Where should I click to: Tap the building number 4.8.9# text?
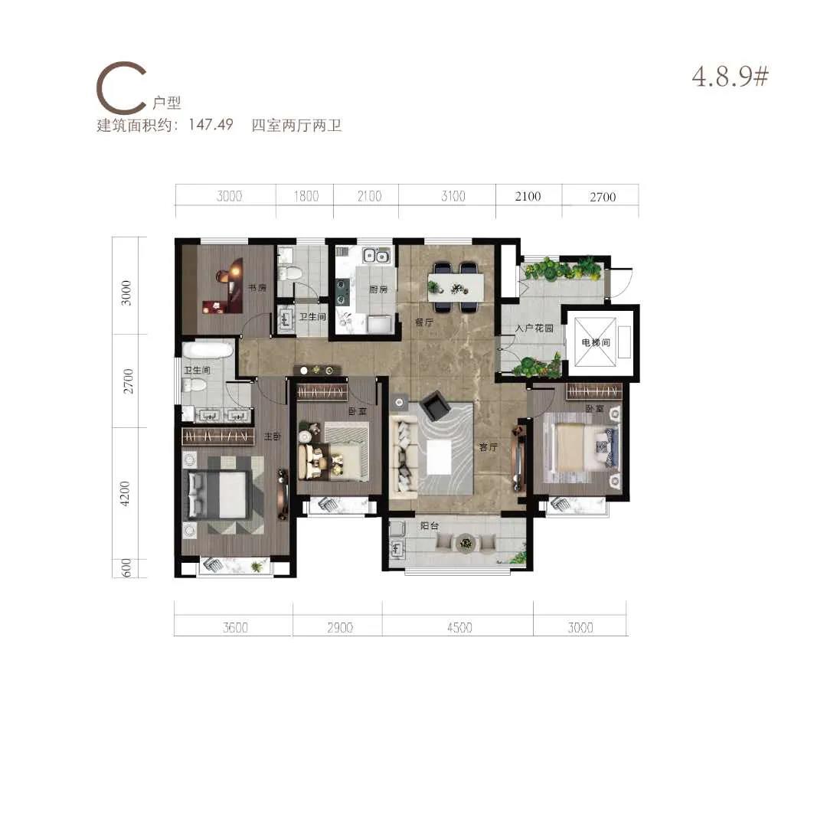(x=731, y=77)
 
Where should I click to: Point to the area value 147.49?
(x=211, y=125)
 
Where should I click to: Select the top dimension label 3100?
(x=453, y=196)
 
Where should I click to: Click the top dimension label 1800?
(x=306, y=196)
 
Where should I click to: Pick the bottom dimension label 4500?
(x=459, y=628)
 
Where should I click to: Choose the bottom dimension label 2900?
(x=340, y=628)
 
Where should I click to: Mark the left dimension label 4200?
(x=125, y=494)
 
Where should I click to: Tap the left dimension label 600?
(x=126, y=568)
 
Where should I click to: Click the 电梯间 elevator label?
(x=596, y=342)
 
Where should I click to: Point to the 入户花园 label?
(x=534, y=328)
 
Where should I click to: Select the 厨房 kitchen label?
(x=378, y=289)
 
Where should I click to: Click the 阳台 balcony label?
(x=430, y=526)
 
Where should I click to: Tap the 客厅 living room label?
(x=489, y=447)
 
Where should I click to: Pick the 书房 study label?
(x=257, y=288)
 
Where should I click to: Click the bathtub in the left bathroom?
(x=208, y=350)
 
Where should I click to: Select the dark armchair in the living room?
(x=436, y=405)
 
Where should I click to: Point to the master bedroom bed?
(x=217, y=494)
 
